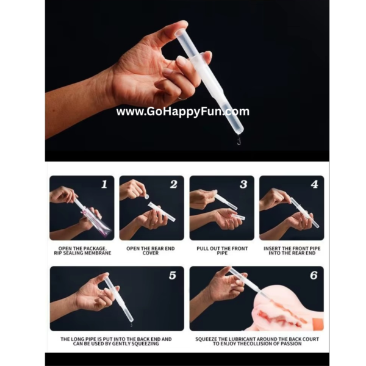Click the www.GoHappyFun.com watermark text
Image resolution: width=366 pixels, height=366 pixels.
tap(183, 112)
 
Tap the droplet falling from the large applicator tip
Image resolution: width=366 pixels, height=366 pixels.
tap(239, 140)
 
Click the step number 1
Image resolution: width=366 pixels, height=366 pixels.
tap(104, 184)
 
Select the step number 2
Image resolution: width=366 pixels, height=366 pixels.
tap(173, 184)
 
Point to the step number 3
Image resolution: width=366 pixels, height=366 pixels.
tap(243, 184)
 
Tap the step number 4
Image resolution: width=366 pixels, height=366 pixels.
tap(314, 184)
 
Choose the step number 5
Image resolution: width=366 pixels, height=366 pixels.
tap(173, 275)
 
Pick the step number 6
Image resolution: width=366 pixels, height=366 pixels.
tap(314, 275)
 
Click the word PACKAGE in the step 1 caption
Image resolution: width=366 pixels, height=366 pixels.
tap(95, 249)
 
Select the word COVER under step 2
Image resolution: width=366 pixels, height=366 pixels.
tap(151, 253)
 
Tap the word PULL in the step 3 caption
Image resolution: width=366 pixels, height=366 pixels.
tap(203, 249)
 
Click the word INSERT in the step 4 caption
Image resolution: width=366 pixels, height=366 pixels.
tap(271, 249)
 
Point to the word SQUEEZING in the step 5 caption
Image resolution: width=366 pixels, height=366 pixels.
tap(146, 343)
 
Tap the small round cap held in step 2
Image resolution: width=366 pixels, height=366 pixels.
tap(147, 196)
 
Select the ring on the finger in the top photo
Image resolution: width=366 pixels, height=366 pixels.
tap(182, 99)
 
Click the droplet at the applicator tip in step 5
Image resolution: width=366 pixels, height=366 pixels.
tap(131, 325)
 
